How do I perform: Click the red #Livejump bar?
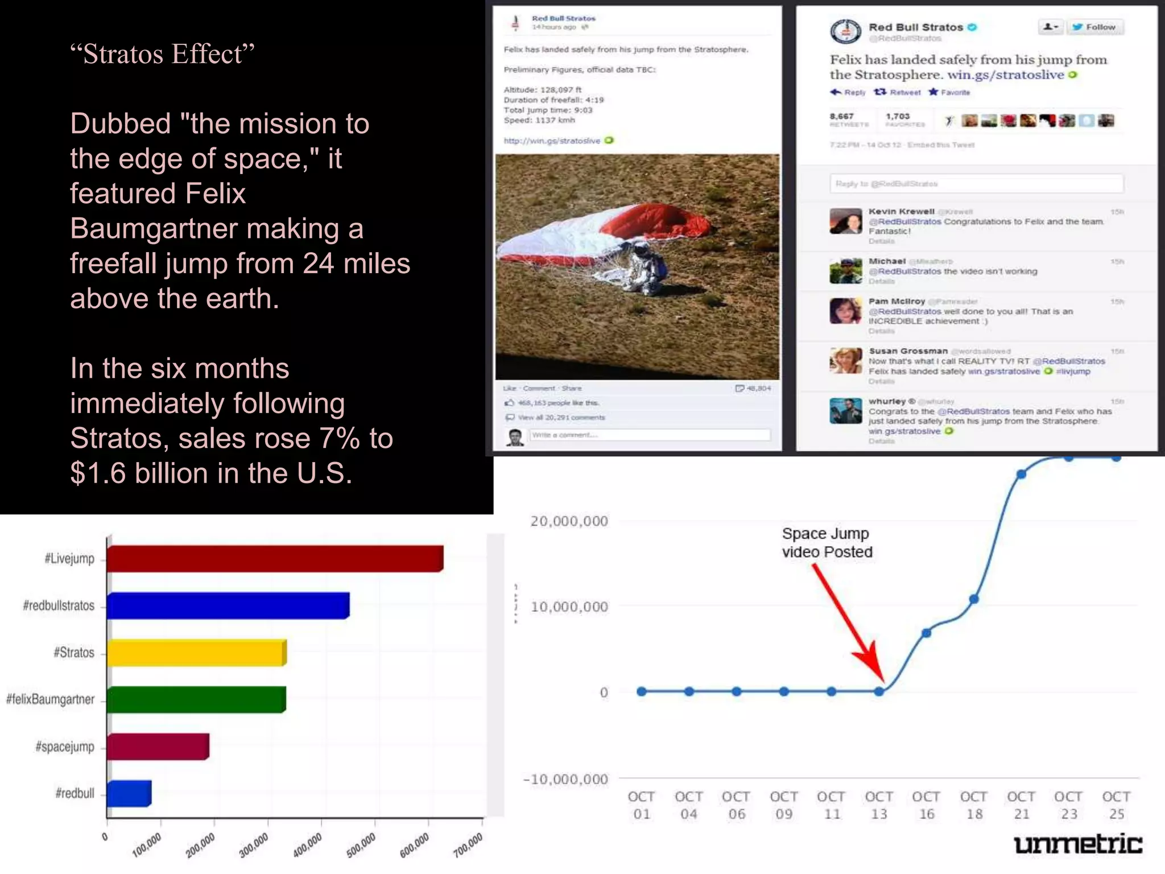coord(275,559)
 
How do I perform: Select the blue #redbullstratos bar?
coord(228,605)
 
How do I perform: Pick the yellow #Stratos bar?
coord(196,653)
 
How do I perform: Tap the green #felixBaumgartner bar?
coord(196,699)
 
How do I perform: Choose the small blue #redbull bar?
coord(129,793)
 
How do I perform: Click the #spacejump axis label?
coord(65,747)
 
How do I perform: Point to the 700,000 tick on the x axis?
coord(468,844)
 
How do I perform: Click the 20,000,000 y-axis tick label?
coord(569,521)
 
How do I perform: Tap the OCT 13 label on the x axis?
coord(879,805)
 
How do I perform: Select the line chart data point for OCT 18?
coord(974,599)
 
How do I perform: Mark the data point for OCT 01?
coord(642,691)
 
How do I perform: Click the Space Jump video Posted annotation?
coord(827,543)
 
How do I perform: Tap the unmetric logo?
coord(1077,844)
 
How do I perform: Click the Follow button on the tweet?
coord(1094,27)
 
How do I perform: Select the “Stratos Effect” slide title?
coord(162,55)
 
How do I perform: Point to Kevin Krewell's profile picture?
coord(845,221)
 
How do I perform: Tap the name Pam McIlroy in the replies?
coord(897,301)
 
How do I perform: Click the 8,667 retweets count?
coord(841,117)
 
